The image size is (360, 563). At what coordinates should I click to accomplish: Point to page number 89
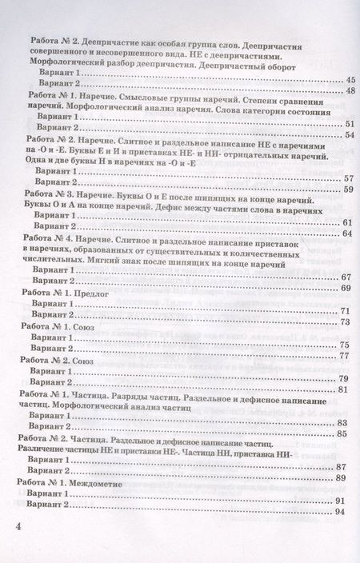340,477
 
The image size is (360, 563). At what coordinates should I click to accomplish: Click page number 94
339,511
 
